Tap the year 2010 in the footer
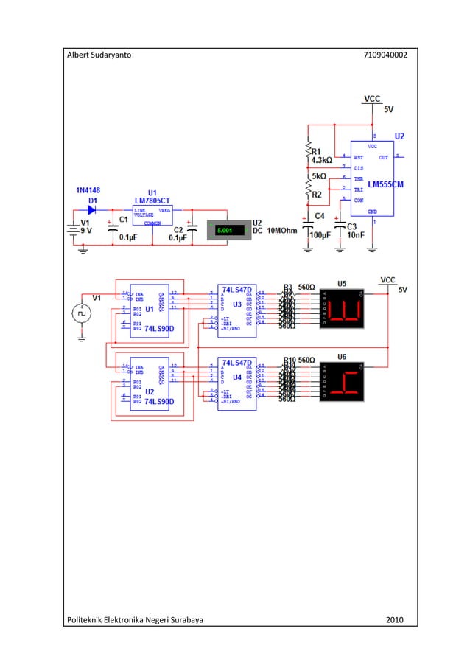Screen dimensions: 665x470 [395, 619]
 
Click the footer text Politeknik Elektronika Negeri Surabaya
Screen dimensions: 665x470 [136, 619]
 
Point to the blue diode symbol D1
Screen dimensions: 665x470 [92, 209]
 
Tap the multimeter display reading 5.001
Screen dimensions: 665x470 [225, 231]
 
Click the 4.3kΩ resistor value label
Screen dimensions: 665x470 [322, 159]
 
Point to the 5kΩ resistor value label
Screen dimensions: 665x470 [319, 176]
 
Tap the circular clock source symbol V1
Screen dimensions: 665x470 [82, 313]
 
